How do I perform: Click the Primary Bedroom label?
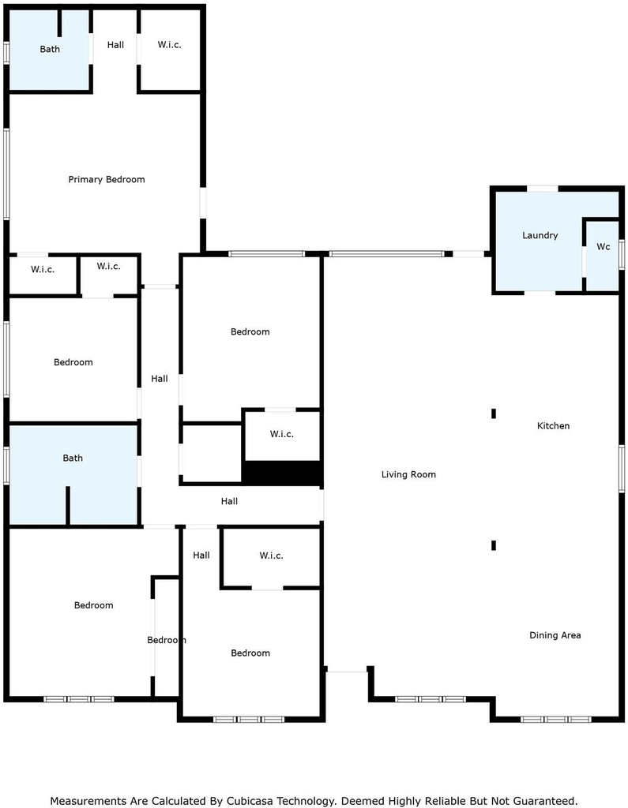(107, 179)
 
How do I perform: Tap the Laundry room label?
(540, 235)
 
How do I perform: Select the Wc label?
(604, 247)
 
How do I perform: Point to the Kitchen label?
(553, 425)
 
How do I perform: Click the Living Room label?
(408, 474)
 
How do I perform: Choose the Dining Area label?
(555, 635)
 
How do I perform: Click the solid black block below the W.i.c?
(282, 473)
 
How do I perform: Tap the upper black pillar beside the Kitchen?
(494, 413)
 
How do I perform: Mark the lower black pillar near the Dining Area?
(494, 545)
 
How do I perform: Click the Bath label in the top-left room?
(50, 49)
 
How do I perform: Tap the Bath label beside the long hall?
(72, 458)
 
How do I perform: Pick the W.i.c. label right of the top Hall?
(169, 45)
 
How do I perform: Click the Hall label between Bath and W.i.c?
(115, 45)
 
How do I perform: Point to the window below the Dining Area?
(556, 719)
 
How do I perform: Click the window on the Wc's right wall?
(622, 255)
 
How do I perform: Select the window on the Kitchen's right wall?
(622, 469)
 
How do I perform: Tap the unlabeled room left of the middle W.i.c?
(212, 454)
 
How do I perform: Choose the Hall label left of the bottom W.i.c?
(201, 555)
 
